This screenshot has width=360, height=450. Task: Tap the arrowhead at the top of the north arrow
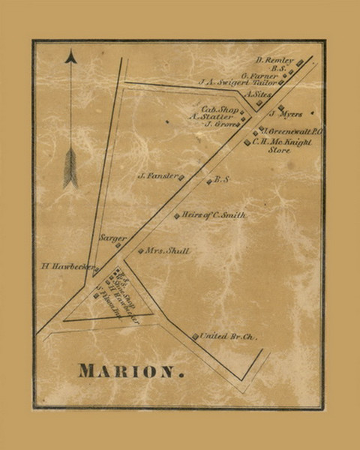click(x=70, y=56)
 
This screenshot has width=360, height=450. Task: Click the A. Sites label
click(x=259, y=96)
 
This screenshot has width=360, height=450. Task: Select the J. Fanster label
click(x=156, y=177)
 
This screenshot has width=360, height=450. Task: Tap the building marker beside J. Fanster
click(x=181, y=177)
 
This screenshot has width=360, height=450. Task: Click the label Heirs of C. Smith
click(x=214, y=215)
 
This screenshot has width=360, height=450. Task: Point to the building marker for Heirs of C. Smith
click(x=177, y=216)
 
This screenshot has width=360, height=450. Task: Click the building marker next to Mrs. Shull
click(x=140, y=251)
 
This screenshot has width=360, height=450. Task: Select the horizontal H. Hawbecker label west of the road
click(x=67, y=266)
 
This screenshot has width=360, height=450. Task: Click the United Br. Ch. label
click(x=229, y=337)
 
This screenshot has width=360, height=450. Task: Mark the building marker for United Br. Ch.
click(x=195, y=337)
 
